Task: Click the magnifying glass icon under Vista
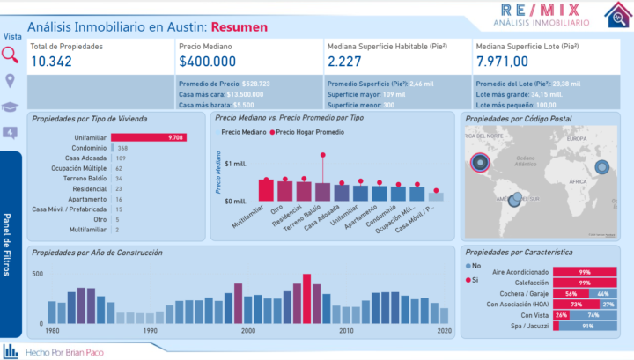(x=11, y=55)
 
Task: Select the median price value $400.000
(x=207, y=61)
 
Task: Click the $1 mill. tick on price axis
(x=235, y=165)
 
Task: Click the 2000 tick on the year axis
(x=248, y=330)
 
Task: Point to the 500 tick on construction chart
(x=37, y=275)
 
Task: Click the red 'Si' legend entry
(x=474, y=279)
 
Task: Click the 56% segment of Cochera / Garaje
(x=571, y=293)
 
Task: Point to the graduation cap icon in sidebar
(x=11, y=106)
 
